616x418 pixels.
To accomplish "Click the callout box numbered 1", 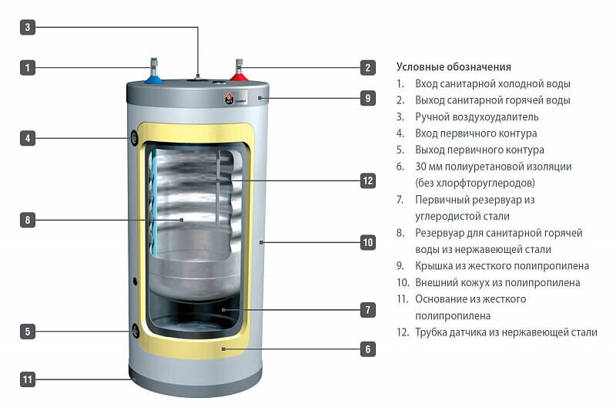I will [28, 68].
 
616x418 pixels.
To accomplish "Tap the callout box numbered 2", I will [368, 68].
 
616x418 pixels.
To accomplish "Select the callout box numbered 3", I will [28, 28].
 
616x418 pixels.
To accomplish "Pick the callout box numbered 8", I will [28, 220].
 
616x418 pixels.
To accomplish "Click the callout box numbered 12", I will [368, 181].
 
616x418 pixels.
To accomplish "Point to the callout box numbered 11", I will [28, 379].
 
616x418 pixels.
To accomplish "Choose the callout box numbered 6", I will [368, 349].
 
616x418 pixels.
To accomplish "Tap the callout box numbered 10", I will [368, 242].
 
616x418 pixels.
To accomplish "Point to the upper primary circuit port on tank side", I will [136, 139].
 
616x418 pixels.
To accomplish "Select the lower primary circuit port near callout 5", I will [136, 331].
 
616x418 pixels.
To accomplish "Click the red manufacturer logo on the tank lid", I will [229, 99].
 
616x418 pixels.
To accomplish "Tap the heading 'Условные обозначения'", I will [454, 67].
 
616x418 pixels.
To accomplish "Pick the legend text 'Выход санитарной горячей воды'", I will [492, 100].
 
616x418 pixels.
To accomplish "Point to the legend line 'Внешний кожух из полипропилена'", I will [497, 283].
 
